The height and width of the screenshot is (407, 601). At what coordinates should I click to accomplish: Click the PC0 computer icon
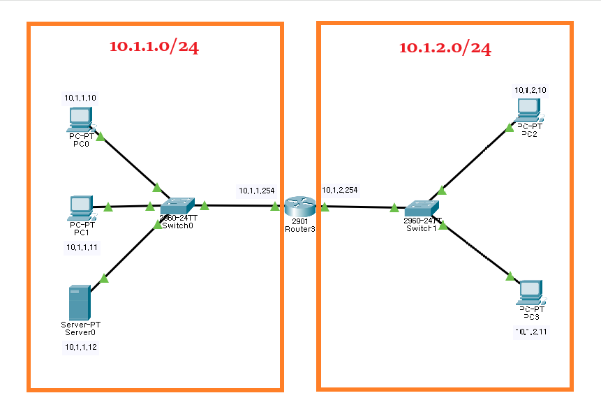[80, 119]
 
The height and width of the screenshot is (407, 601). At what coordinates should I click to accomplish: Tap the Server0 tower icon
[79, 302]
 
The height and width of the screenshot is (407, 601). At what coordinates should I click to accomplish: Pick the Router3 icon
[299, 206]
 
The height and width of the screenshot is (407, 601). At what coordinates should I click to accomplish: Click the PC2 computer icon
[528, 109]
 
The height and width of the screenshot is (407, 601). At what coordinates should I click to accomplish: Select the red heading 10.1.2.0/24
[445, 47]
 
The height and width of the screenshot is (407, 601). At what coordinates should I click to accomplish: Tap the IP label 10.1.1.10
[80, 98]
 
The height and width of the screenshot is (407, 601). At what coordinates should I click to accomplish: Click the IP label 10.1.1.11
[82, 247]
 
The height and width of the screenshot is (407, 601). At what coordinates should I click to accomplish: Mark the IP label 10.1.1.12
[81, 347]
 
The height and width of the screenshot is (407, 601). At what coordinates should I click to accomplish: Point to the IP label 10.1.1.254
[257, 190]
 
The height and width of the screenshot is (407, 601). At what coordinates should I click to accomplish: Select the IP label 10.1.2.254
[340, 190]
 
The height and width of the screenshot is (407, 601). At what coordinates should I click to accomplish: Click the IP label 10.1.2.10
[530, 90]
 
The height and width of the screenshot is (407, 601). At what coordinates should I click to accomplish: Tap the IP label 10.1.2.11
[532, 332]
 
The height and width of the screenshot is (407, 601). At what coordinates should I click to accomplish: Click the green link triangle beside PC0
[101, 138]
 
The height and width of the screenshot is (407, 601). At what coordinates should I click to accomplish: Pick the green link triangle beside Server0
[105, 279]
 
